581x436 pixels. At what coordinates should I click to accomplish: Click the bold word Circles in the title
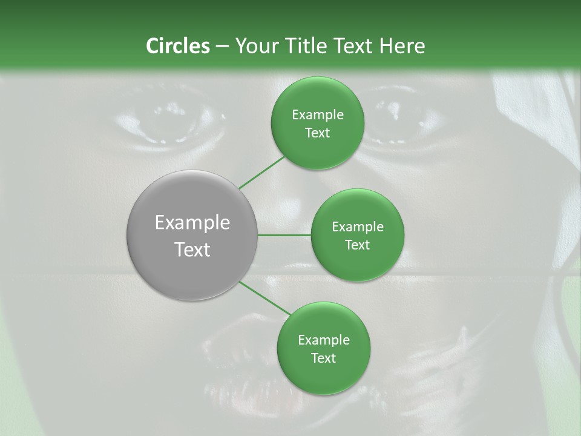177,46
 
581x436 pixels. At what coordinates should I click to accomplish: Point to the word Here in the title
402,46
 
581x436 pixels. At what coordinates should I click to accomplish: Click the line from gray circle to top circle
261,172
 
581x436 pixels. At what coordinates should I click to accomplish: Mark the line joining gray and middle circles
284,235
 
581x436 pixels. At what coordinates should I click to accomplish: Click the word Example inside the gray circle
192,223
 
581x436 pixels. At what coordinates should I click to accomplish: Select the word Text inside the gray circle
192,249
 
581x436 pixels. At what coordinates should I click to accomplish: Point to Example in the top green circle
318,115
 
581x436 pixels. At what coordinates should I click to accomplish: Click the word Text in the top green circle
318,133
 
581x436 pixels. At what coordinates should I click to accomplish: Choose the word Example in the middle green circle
358,227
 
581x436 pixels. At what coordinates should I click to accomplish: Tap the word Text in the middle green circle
358,245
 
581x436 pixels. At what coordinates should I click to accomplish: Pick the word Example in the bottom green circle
324,340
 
